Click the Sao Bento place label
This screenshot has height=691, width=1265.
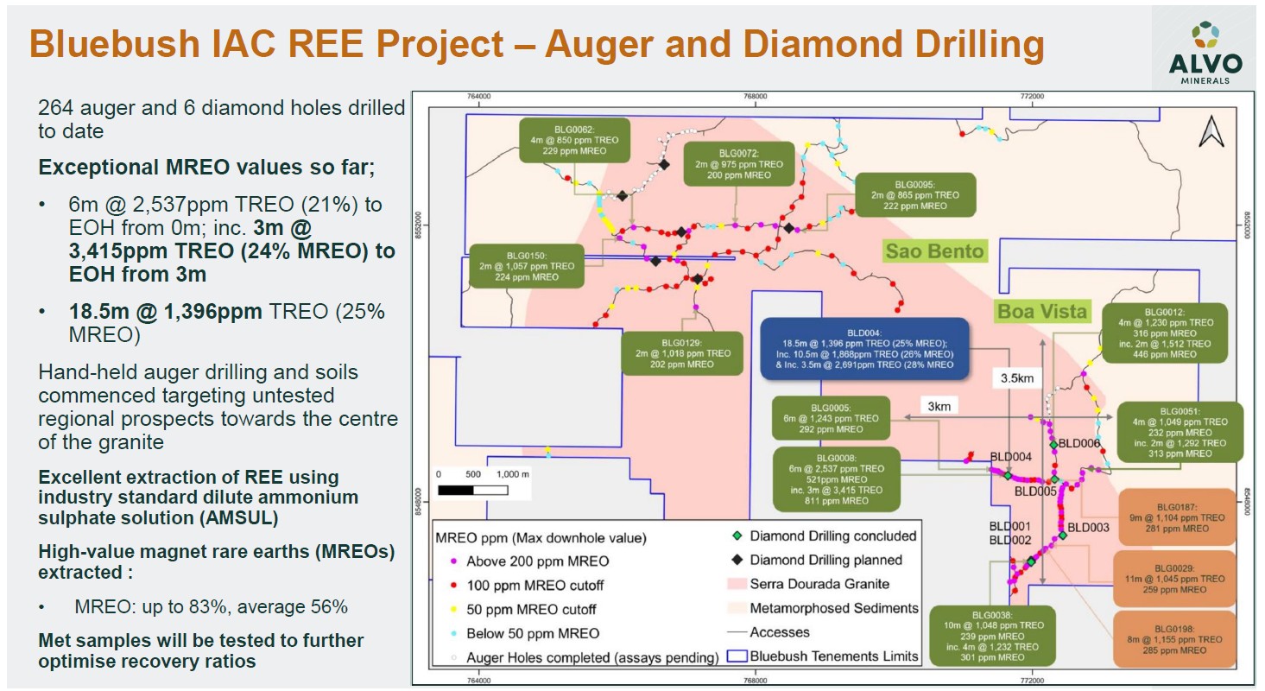tap(933, 251)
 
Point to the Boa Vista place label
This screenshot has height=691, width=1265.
tap(1042, 312)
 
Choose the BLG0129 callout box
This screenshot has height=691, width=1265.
tap(682, 353)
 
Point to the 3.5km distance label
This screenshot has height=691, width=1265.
tap(1017, 377)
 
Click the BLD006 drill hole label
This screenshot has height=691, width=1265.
tap(1079, 443)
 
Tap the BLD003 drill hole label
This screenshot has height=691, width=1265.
tap(1088, 528)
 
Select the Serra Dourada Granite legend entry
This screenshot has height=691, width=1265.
tap(819, 584)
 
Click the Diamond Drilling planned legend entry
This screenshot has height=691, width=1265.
tap(825, 560)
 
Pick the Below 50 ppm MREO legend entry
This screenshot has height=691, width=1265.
tap(532, 633)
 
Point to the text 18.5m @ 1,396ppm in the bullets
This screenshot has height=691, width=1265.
tap(165, 311)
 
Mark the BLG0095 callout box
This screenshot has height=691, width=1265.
tap(914, 195)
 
